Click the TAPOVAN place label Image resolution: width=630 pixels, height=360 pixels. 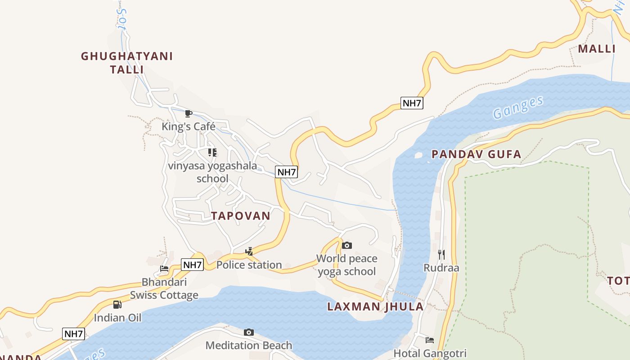(x=241, y=216)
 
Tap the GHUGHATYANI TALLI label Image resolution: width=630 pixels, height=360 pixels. (x=127, y=63)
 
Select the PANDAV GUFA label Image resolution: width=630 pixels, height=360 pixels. (x=476, y=154)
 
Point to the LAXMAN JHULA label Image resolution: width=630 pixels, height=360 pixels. (x=375, y=307)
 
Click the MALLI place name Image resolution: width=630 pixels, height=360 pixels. (x=596, y=49)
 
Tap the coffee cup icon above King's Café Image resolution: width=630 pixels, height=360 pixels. (x=189, y=113)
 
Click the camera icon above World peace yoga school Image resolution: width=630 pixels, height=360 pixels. (x=346, y=245)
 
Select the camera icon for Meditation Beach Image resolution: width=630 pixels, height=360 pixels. (x=248, y=333)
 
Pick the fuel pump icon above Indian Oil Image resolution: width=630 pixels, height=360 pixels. (x=117, y=305)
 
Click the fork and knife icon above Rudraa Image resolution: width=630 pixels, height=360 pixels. (x=441, y=255)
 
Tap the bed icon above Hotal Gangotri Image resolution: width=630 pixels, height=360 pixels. (x=430, y=340)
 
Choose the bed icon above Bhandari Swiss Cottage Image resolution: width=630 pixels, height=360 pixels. (x=164, y=269)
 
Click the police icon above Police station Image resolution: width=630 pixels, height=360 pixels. (x=249, y=252)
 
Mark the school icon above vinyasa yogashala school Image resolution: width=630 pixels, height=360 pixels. (x=212, y=153)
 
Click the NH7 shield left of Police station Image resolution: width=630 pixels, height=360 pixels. (x=193, y=265)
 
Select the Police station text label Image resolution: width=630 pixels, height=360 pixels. (x=249, y=265)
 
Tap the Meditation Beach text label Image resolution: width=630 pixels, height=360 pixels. (x=249, y=346)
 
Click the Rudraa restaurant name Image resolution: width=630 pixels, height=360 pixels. (x=441, y=268)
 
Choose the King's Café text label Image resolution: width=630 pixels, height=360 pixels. (x=189, y=126)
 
